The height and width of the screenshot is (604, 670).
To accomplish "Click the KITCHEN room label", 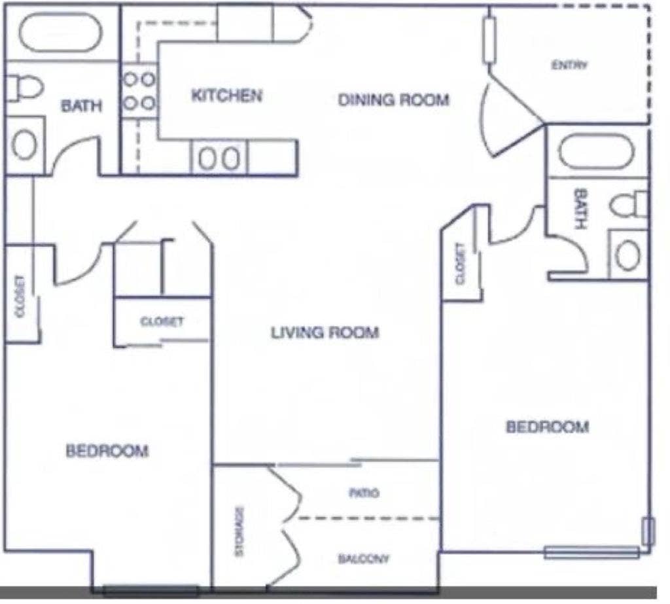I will [x=226, y=96].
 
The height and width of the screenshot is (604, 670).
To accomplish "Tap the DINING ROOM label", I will [x=393, y=100].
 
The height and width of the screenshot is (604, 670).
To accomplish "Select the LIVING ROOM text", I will [x=325, y=332].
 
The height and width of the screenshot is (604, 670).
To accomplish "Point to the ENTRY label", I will [x=570, y=65].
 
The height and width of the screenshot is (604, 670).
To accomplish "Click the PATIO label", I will [x=364, y=493].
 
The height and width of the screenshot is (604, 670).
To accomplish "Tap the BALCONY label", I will [x=364, y=559].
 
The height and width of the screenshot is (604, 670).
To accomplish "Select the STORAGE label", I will [x=239, y=531].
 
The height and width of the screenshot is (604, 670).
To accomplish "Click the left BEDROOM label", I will [x=107, y=451].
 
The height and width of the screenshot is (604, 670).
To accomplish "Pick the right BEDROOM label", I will [x=548, y=427].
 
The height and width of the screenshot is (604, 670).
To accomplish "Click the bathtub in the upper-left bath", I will [x=60, y=32].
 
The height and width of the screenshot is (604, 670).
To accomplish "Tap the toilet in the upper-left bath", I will [x=24, y=87].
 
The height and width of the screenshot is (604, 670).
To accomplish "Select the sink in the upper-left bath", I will [x=25, y=145].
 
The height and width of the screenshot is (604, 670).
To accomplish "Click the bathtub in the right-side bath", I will [x=596, y=151].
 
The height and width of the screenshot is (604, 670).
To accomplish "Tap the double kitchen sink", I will [x=219, y=159].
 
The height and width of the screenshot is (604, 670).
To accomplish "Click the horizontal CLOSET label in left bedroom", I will [x=162, y=322].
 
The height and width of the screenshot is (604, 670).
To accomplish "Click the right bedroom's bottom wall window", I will [x=591, y=553].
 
